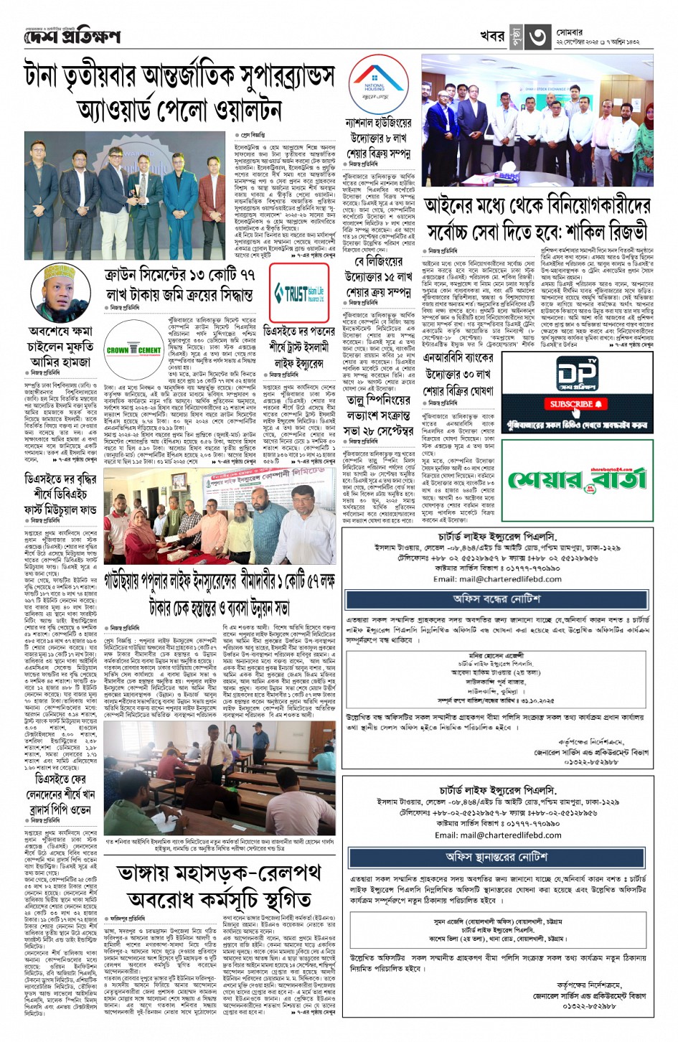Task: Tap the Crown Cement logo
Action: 133,348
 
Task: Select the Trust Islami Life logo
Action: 299,294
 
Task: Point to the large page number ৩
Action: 539,36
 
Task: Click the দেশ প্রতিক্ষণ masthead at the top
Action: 71,37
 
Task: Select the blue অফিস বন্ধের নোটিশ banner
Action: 496,599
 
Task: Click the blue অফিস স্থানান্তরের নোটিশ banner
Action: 496,857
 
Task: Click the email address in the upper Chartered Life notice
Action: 496,578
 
